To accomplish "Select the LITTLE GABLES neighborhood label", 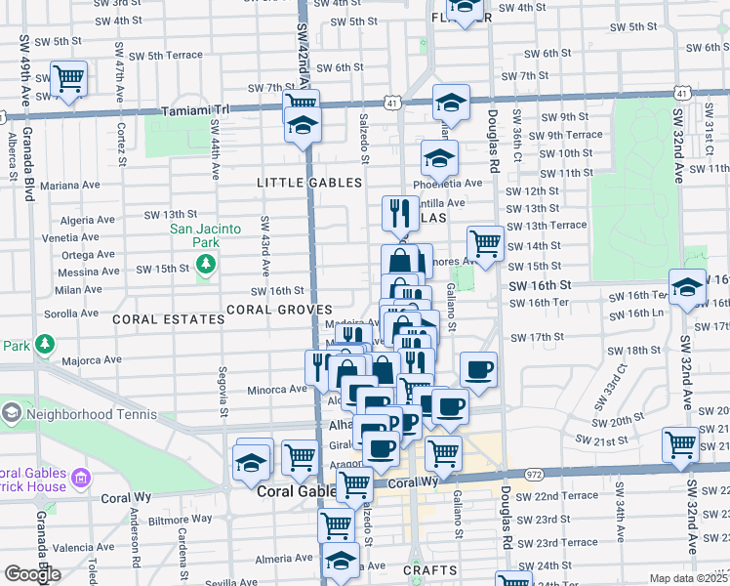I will (x=308, y=183).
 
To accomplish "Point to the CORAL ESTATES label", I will (x=156, y=319).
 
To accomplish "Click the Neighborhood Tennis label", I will (x=93, y=414).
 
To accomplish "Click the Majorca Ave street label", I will (x=93, y=358).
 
